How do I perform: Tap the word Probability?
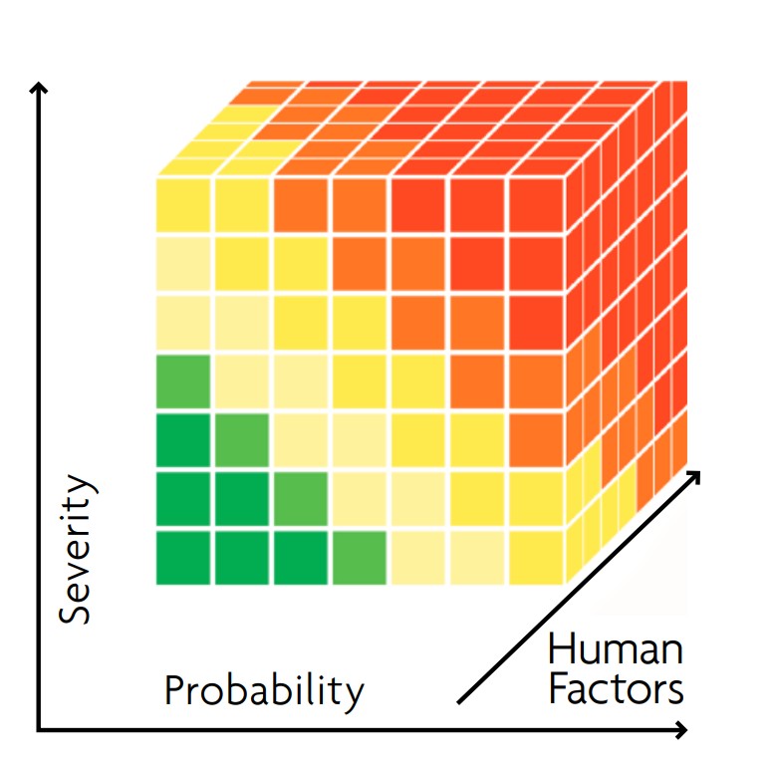(x=264, y=690)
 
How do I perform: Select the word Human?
(x=616, y=650)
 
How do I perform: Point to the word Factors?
(x=616, y=690)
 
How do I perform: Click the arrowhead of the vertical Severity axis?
(x=39, y=88)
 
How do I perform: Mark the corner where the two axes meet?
(x=39, y=730)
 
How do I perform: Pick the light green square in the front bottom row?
(x=359, y=557)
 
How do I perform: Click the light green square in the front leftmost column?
(x=183, y=381)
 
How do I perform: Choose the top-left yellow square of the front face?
(x=183, y=203)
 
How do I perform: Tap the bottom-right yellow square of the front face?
(x=536, y=557)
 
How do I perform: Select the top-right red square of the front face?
(x=536, y=203)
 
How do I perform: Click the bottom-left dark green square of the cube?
(x=183, y=557)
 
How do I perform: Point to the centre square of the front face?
(x=360, y=381)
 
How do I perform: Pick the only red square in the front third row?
(x=536, y=322)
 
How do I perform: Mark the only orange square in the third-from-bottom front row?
(x=536, y=439)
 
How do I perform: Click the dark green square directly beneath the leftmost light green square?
(x=183, y=439)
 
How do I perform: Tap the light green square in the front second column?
(x=242, y=439)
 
